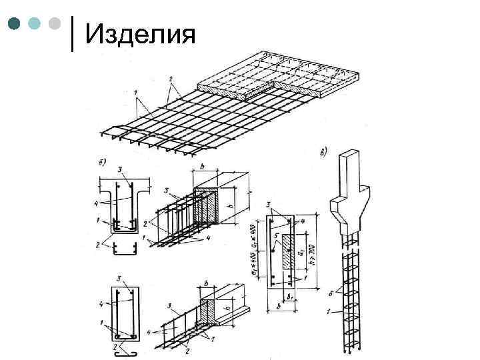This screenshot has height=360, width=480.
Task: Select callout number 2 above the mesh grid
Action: pos(171,80)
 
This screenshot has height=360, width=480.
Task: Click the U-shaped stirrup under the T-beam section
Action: pos(124,249)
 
